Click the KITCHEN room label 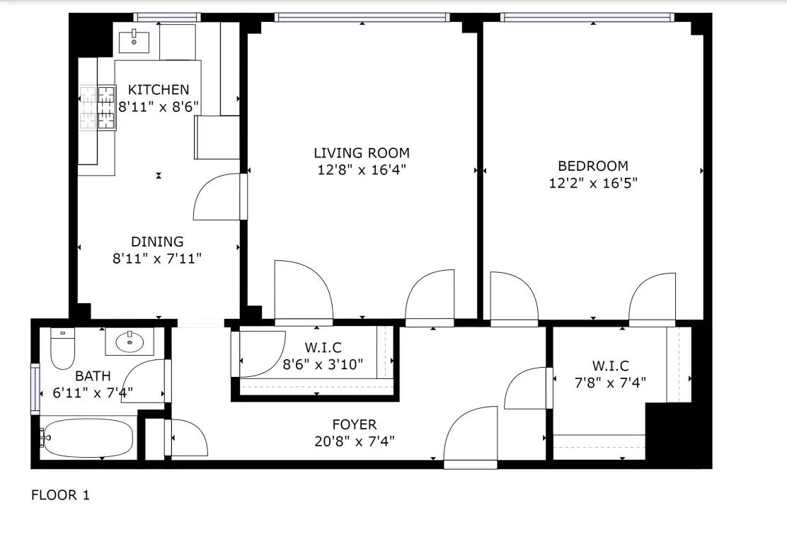click(x=159, y=90)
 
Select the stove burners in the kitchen click(x=98, y=108)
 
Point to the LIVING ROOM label click(x=362, y=153)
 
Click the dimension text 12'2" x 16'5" click(x=593, y=183)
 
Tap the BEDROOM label click(x=593, y=166)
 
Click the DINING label click(x=157, y=242)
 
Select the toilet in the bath click(x=63, y=348)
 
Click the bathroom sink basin click(x=130, y=342)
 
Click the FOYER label click(x=355, y=424)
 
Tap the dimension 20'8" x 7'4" click(x=355, y=441)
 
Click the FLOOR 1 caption click(x=60, y=495)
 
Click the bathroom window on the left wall click(x=35, y=388)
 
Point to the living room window click(x=362, y=18)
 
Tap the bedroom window click(x=587, y=18)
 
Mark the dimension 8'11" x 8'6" click(x=159, y=107)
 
